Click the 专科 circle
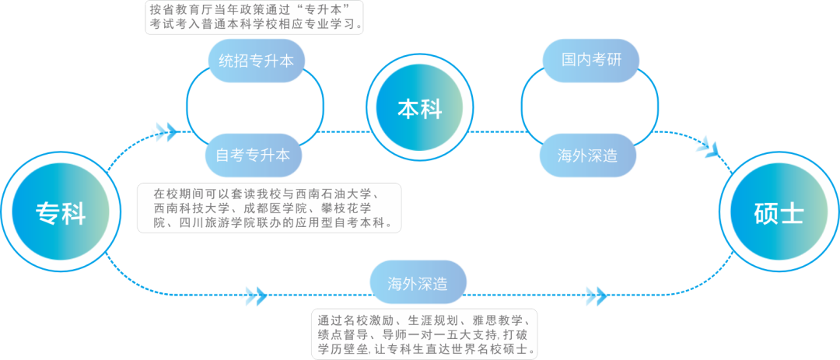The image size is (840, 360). (60, 212)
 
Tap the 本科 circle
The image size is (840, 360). (420, 109)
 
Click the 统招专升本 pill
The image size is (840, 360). (256, 61)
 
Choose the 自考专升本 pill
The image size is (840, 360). (253, 155)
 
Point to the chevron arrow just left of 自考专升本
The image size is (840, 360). (166, 132)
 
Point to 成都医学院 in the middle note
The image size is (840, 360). (274, 208)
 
